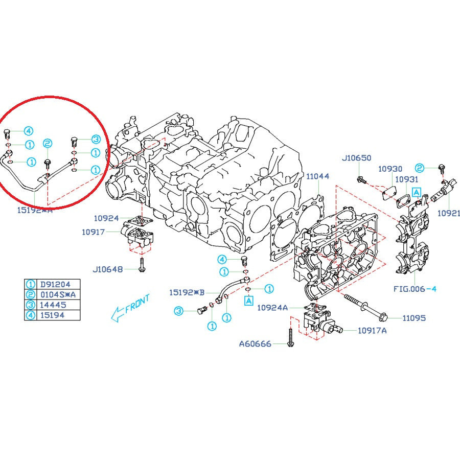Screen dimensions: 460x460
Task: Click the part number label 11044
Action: tap(317, 176)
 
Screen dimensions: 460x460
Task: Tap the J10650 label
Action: tap(356, 158)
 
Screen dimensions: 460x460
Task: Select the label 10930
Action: tap(390, 169)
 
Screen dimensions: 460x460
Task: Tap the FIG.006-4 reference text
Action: tap(415, 289)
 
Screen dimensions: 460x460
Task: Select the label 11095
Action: tap(413, 318)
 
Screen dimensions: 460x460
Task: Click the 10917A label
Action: tap(372, 330)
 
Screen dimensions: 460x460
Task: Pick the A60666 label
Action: tap(256, 344)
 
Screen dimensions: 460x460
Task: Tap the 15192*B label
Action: tap(187, 292)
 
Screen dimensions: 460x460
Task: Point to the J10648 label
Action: tap(107, 269)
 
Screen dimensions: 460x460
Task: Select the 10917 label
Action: tap(94, 232)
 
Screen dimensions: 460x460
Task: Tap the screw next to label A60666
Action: tap(290, 338)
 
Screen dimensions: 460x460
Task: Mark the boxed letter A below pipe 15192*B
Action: tap(248, 301)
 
